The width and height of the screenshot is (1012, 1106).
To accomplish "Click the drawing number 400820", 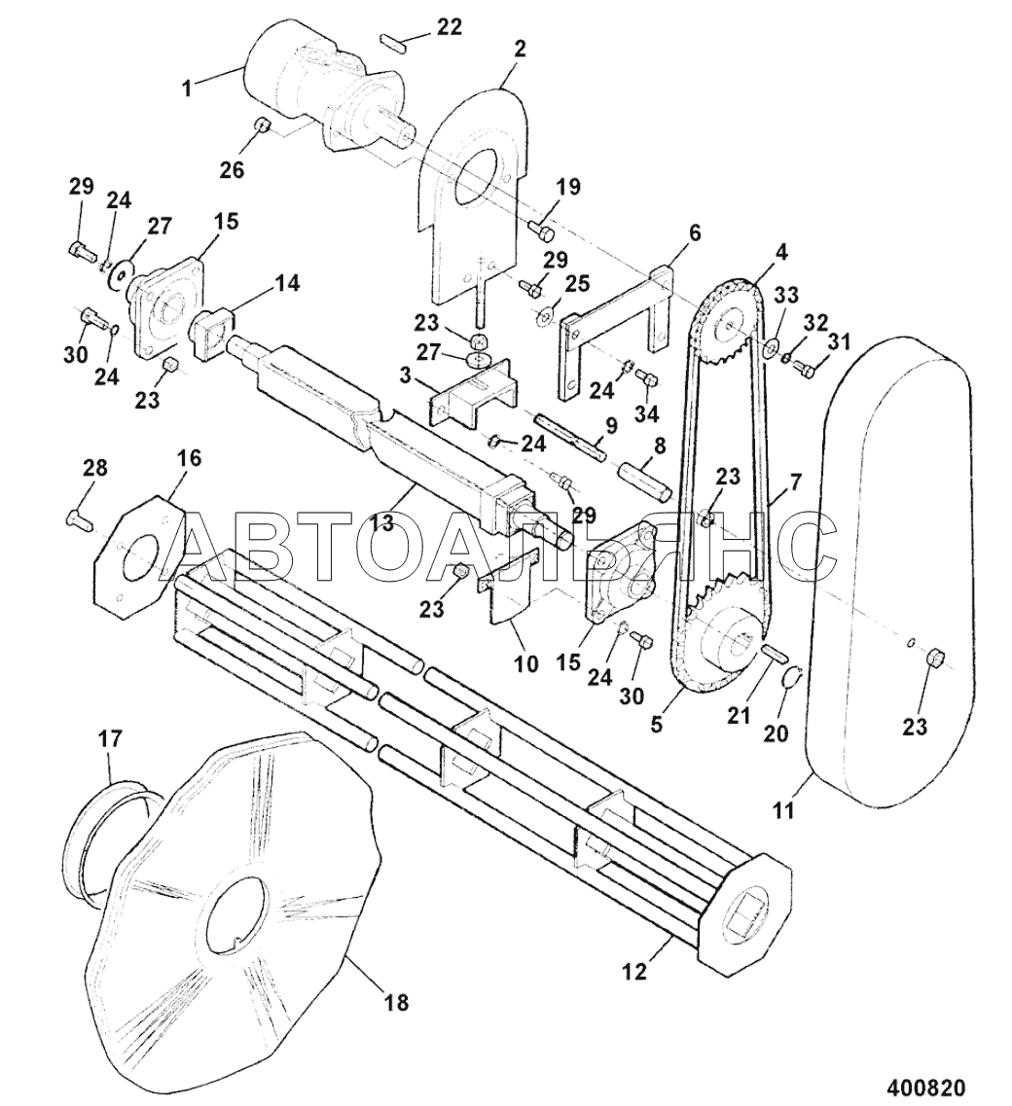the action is (922, 1085).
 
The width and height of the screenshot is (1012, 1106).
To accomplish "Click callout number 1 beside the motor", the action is (186, 89).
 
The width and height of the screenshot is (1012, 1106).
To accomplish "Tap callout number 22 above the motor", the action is (449, 27).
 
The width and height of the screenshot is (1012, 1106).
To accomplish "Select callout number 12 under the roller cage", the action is (635, 972).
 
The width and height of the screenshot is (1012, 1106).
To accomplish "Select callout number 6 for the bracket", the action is (695, 232).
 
